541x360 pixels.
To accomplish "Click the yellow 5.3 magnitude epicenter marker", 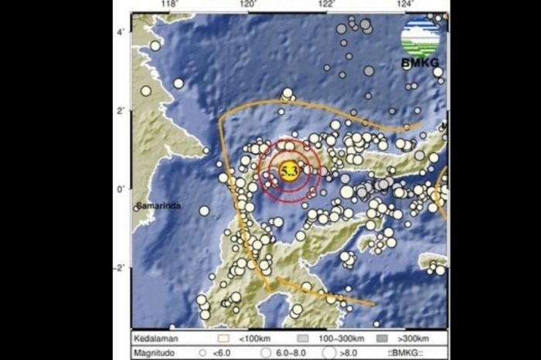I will [290, 172].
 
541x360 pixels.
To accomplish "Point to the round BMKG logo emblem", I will [420, 36].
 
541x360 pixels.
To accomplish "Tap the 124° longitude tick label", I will [406, 5].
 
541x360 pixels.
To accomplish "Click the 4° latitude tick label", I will [121, 32].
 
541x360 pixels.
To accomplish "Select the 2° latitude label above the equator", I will [121, 110].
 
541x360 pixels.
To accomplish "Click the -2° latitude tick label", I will [121, 268].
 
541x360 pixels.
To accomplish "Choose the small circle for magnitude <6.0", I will [202, 352].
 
